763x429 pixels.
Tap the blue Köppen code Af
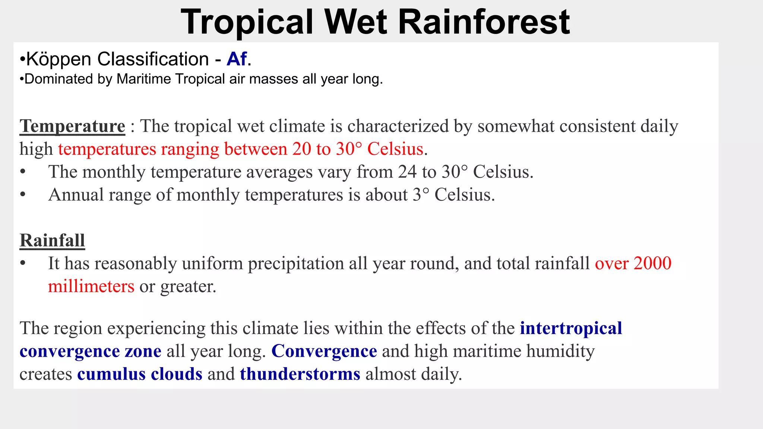[x=237, y=59]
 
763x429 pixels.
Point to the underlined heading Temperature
[x=72, y=126]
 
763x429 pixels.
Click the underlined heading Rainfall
[x=52, y=241]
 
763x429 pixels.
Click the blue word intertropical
[x=571, y=328]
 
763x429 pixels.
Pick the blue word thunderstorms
[x=300, y=374]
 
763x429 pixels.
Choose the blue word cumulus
[x=111, y=374]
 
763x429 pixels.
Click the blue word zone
[x=143, y=352]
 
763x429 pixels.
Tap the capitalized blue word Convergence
[x=324, y=351]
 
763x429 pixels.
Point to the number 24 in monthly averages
[x=407, y=172]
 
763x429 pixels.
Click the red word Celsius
[x=395, y=149]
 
